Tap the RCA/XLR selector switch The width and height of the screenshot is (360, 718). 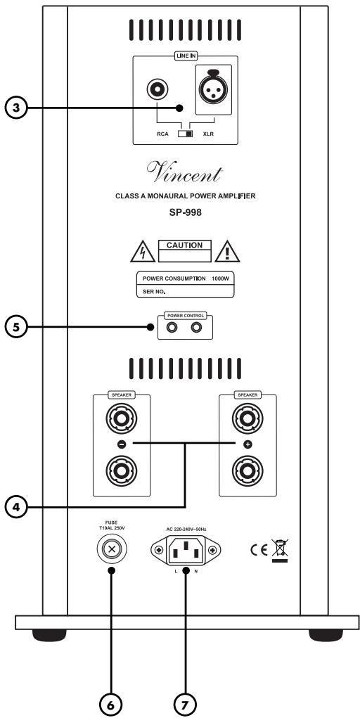[x=186, y=134]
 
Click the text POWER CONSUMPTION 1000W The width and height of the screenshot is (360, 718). [x=186, y=278]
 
